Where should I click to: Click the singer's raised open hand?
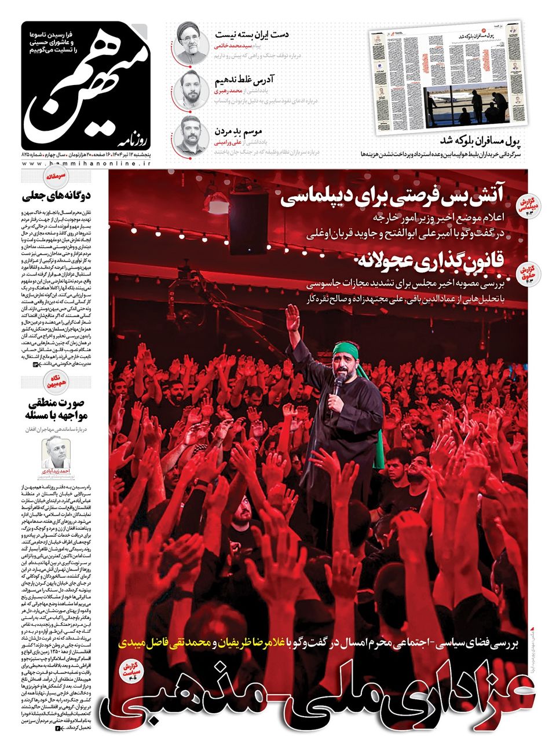293,318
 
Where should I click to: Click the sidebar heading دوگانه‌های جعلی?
58,196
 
